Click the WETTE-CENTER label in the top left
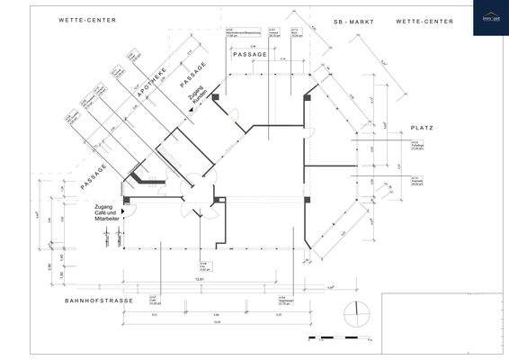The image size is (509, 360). click(87, 19)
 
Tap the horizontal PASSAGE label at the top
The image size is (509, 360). click(250, 55)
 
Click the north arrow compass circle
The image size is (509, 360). click(357, 314)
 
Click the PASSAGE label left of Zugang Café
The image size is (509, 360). click(93, 175)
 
